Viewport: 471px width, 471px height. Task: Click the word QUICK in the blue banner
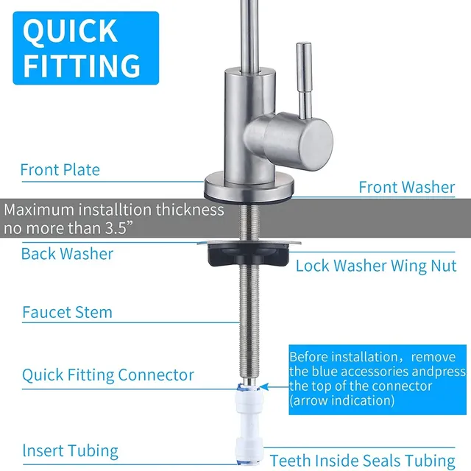(x=70, y=31)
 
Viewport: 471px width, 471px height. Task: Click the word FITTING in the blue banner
(x=82, y=66)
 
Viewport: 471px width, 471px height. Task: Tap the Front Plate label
(x=60, y=170)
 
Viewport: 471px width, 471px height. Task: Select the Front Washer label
(x=407, y=187)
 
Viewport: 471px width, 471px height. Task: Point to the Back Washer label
(x=67, y=254)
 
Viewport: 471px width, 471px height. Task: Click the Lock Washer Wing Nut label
(x=376, y=266)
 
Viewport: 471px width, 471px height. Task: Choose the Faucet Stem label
(x=67, y=312)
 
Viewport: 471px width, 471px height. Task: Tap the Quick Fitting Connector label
(x=108, y=375)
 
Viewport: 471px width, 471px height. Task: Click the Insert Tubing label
(x=71, y=451)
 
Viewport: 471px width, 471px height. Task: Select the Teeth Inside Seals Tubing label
(x=363, y=461)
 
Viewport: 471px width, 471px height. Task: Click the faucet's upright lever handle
(x=305, y=80)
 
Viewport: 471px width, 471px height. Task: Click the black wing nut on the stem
(x=249, y=255)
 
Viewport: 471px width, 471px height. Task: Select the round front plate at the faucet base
(x=249, y=186)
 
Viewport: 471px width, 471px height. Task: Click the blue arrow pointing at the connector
(x=274, y=387)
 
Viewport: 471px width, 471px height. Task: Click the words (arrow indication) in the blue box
(x=341, y=400)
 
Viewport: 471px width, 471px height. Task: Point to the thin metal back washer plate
(x=249, y=242)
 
